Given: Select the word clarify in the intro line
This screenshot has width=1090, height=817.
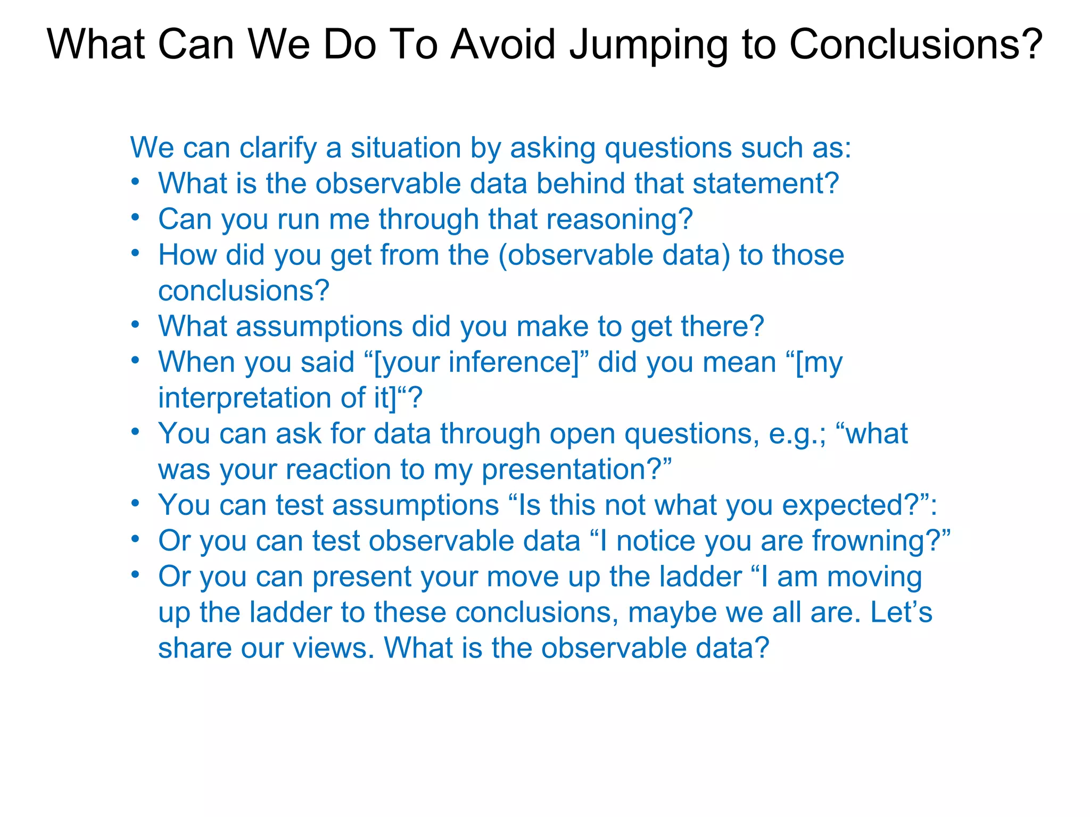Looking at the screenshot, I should pos(278,148).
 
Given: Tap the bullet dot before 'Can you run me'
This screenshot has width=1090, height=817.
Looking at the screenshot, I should pos(136,217).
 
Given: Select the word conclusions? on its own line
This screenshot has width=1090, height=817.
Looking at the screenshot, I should pos(244,291).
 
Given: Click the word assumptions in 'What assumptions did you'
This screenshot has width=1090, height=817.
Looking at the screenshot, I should pos(319,327).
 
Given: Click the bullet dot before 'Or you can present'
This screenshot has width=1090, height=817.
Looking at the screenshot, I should pos(136,574).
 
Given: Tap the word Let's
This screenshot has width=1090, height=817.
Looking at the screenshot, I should pos(901,612).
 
